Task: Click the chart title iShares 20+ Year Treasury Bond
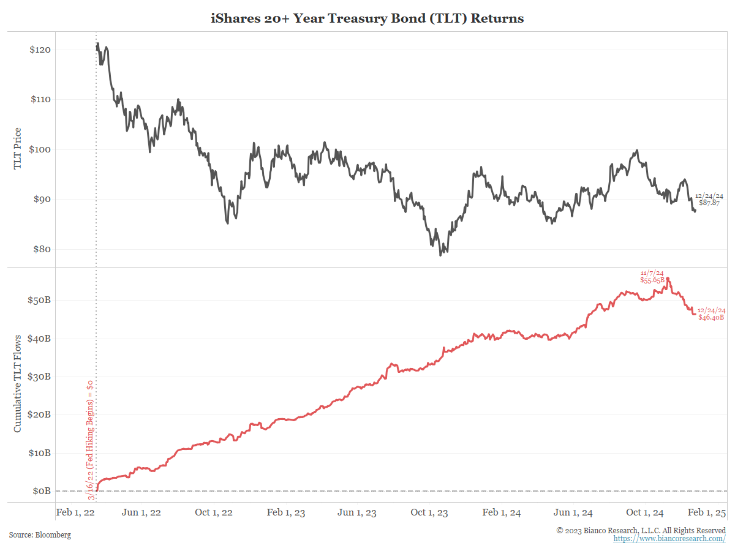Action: pyautogui.click(x=367, y=18)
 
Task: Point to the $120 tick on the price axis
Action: pyautogui.click(x=40, y=50)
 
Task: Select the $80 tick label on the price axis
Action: pyautogui.click(x=42, y=249)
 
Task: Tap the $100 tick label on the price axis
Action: pyautogui.click(x=40, y=149)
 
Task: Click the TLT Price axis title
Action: pyautogui.click(x=17, y=149)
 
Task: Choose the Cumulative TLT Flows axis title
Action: pyautogui.click(x=17, y=384)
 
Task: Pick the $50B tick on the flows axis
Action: pyautogui.click(x=39, y=300)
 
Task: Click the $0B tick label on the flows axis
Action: pyautogui.click(x=42, y=491)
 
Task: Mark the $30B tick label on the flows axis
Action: pyautogui.click(x=39, y=377)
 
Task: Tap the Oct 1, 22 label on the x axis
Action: pyautogui.click(x=214, y=512)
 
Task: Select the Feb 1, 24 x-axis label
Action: pyautogui.click(x=501, y=512)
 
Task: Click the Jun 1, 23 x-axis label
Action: pyautogui.click(x=357, y=512)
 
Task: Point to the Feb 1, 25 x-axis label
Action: pyautogui.click(x=707, y=512)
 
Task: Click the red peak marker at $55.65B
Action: pyautogui.click(x=668, y=279)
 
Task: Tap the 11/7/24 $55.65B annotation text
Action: pyautogui.click(x=652, y=277)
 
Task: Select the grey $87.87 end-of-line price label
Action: pyautogui.click(x=709, y=203)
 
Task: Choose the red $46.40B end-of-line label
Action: pyautogui.click(x=711, y=317)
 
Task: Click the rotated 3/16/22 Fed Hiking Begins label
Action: pyautogui.click(x=91, y=440)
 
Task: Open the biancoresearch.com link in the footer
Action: pyautogui.click(x=669, y=539)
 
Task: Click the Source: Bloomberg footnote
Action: pyautogui.click(x=40, y=535)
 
